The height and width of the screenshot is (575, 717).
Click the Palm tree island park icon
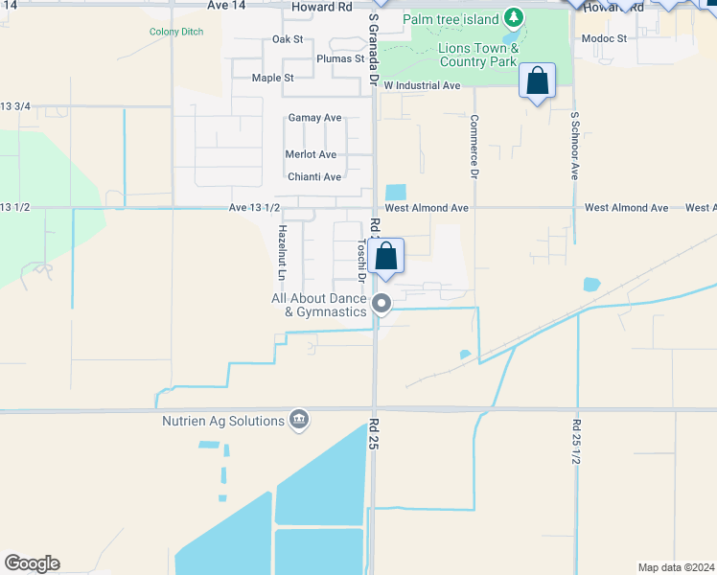(514, 18)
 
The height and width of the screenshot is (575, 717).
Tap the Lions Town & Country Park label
(478, 55)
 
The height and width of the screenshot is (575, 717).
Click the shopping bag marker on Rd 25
(386, 256)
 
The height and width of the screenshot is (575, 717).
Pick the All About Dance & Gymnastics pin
(382, 305)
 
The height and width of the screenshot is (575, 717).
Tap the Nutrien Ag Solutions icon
(299, 420)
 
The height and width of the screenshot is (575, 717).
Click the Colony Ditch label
(176, 32)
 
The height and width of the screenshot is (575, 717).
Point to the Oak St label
(288, 39)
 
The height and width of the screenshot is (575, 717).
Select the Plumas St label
(340, 58)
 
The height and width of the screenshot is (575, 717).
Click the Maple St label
(272, 78)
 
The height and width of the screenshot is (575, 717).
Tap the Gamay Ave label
(314, 118)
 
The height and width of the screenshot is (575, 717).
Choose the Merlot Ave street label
(311, 154)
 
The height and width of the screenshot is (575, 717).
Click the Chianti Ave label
(314, 177)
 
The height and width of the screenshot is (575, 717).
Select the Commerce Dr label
(474, 148)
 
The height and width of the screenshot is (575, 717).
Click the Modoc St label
(604, 39)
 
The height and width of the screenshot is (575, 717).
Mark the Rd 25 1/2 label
(576, 442)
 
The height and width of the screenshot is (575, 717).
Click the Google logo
(32, 563)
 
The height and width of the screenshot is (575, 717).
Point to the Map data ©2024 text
(676, 567)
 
